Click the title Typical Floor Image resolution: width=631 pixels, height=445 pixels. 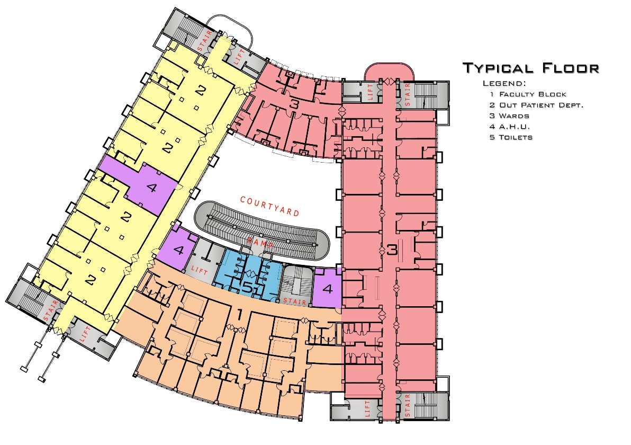531,68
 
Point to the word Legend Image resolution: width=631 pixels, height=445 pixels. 504,84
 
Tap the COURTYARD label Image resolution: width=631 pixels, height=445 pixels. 270,206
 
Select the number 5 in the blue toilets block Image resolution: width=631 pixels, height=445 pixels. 248,288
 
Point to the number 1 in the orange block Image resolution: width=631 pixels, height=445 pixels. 239,315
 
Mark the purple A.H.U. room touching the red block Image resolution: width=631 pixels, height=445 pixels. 327,289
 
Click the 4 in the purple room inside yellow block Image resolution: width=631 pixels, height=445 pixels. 151,188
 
